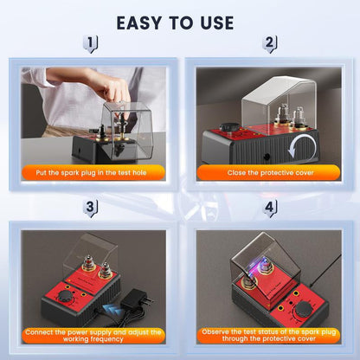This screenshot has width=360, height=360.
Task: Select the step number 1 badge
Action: (93, 44)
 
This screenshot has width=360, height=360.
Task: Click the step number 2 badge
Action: (269, 44)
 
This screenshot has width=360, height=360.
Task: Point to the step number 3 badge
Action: (93, 208)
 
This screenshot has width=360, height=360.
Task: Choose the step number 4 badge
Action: (269, 208)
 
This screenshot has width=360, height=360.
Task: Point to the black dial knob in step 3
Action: (67, 296)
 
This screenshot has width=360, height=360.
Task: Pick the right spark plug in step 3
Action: (106, 271)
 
